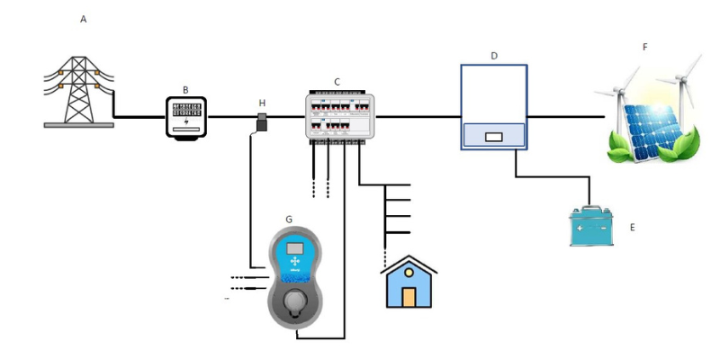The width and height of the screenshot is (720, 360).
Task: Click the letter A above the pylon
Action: point(84,20)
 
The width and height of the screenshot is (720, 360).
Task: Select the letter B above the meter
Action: point(185,89)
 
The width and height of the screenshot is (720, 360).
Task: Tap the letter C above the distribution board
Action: point(337,82)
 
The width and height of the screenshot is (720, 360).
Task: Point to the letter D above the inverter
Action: point(494,56)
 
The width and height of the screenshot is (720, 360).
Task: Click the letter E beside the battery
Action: point(632,229)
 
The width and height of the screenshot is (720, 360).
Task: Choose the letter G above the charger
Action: point(288,219)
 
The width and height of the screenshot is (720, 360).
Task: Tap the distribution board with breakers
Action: point(337,116)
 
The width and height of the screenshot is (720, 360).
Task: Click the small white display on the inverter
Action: point(493,139)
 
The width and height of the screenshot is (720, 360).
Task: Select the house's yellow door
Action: point(409,296)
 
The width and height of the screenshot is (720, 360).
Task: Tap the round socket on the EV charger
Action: point(295,303)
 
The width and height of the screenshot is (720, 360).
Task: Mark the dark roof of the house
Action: point(409,265)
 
